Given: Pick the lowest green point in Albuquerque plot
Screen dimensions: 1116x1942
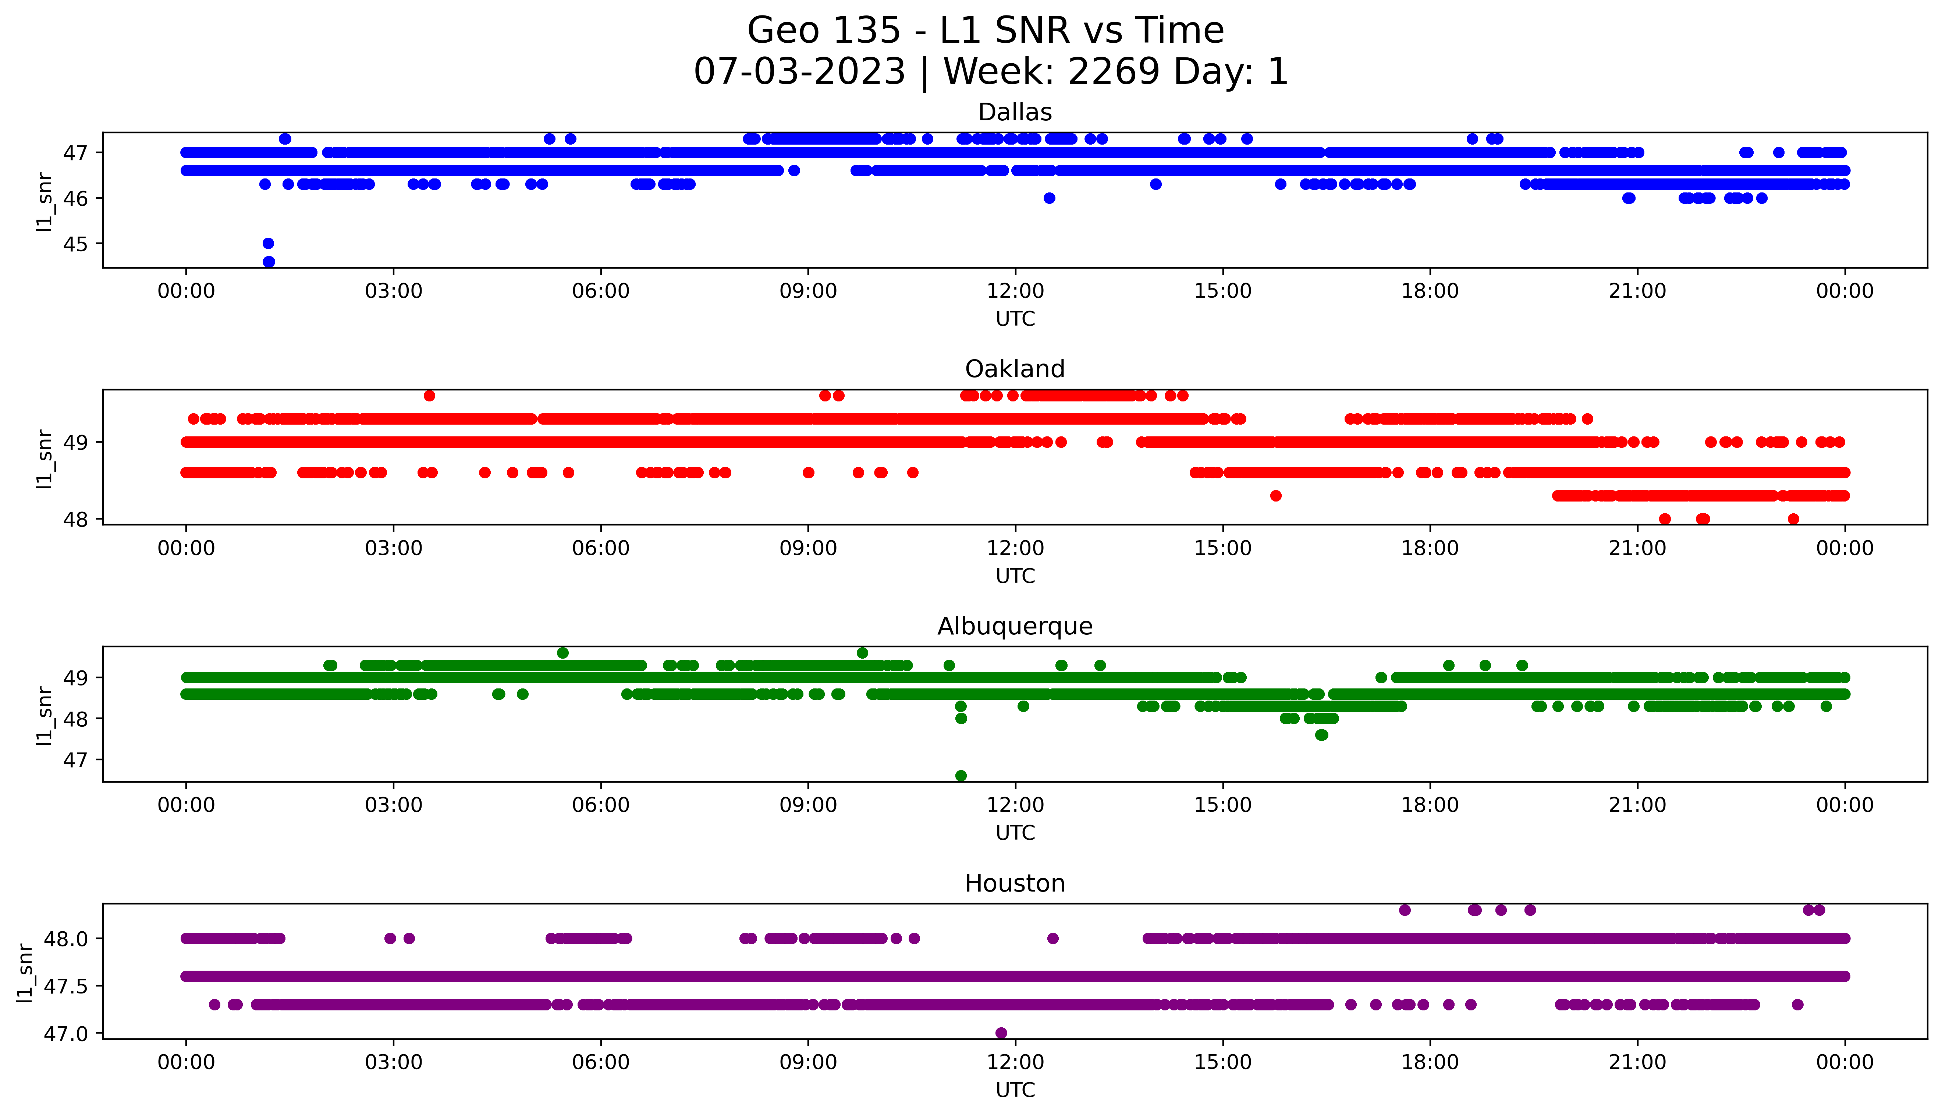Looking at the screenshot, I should (961, 776).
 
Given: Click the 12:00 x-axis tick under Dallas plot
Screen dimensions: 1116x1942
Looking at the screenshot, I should (1015, 291).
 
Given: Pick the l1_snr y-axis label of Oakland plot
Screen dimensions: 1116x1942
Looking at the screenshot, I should (45, 458).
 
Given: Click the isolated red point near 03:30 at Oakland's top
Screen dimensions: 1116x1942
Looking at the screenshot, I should (429, 396).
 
